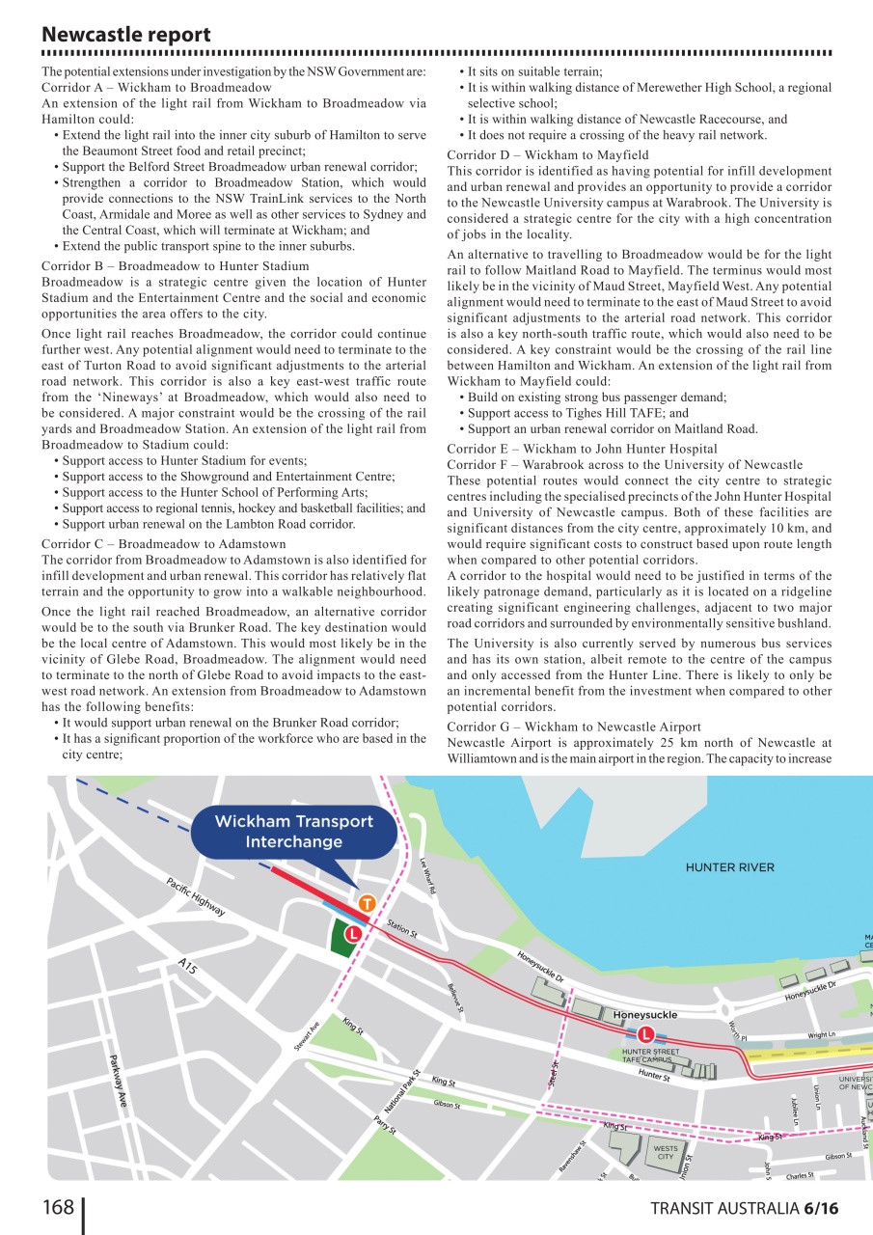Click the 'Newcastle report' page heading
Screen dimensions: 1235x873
(x=125, y=35)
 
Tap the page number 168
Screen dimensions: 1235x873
(x=58, y=1207)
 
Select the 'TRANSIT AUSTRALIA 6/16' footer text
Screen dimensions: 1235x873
(x=744, y=1209)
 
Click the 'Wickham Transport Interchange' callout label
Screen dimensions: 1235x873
(x=293, y=831)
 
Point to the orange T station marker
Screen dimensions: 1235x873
(x=367, y=904)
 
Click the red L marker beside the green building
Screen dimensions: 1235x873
(x=354, y=933)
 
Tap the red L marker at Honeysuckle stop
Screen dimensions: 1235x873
(x=645, y=1034)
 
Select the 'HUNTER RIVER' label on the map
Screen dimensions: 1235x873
(x=729, y=867)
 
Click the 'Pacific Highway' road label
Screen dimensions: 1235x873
(x=196, y=897)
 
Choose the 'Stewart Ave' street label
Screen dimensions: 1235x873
(x=307, y=1036)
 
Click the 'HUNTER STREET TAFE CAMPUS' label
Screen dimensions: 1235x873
(x=650, y=1056)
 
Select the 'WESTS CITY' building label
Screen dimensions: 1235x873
(x=666, y=1152)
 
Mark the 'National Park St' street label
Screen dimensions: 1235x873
(x=402, y=1090)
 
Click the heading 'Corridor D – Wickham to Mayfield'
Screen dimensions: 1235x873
(x=548, y=155)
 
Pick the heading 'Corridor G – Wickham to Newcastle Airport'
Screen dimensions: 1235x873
(x=574, y=727)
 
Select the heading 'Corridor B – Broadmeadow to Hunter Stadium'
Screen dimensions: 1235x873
(x=176, y=266)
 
